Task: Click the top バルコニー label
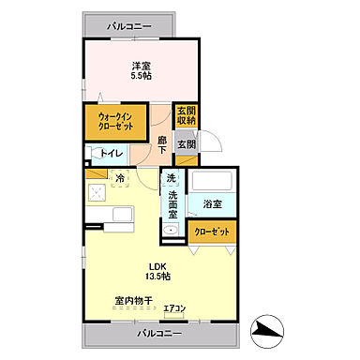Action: (128, 26)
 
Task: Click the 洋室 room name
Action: (141, 66)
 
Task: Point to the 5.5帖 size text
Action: (141, 77)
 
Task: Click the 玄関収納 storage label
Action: (186, 116)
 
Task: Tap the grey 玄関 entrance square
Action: (186, 144)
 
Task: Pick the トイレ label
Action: (114, 154)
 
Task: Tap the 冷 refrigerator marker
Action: (120, 176)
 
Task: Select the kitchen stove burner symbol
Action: (97, 192)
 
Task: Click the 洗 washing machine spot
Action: (171, 178)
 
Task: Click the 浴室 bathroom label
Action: (212, 203)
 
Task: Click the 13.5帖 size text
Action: (157, 277)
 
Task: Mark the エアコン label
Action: (174, 308)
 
